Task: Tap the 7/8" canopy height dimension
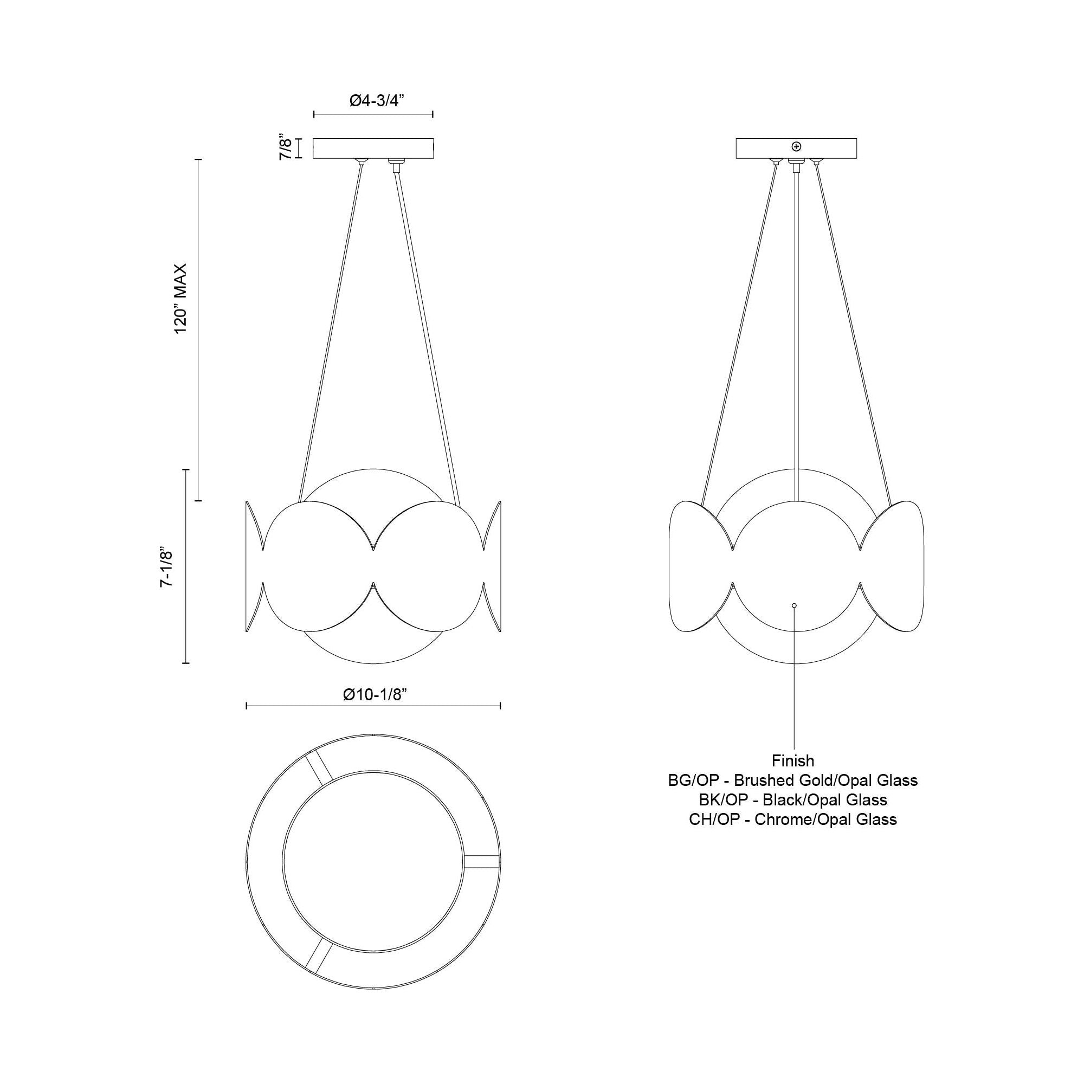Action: click(286, 148)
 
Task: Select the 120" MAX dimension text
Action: click(179, 299)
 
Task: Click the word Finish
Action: click(793, 761)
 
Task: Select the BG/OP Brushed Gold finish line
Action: click(793, 780)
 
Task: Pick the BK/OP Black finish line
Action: click(793, 800)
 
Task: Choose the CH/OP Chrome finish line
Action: click(793, 819)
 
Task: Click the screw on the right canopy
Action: click(796, 147)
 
